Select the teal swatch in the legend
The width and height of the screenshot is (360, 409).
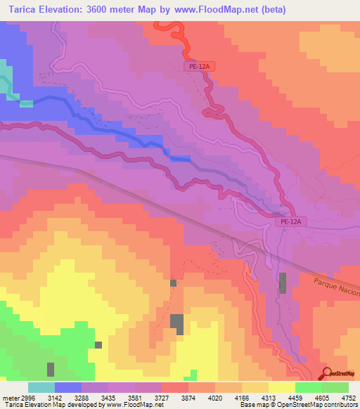tap(41, 387)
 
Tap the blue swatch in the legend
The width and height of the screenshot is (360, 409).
tap(68, 387)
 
